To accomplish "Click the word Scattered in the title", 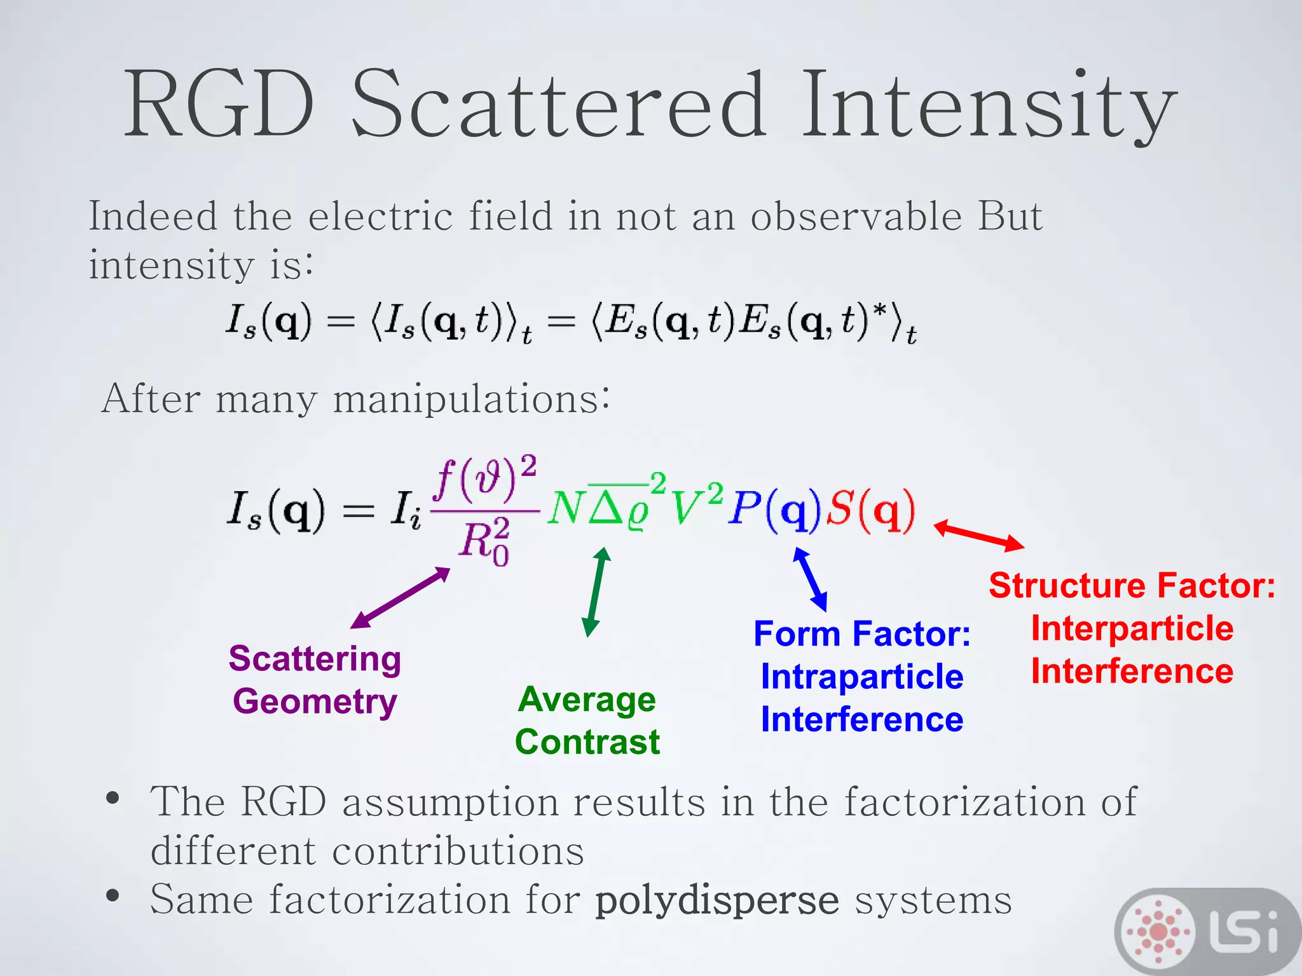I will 558,105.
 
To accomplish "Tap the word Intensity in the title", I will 989,105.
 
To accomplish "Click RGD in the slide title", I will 219,105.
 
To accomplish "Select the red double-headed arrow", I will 978,535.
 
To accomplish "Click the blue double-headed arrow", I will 810,579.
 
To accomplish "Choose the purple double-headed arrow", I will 400,598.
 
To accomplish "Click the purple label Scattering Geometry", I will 315,680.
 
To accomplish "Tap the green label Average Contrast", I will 587,721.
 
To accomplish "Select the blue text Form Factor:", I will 861,634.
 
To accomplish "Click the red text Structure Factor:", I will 1132,585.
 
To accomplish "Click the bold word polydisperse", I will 716,900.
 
